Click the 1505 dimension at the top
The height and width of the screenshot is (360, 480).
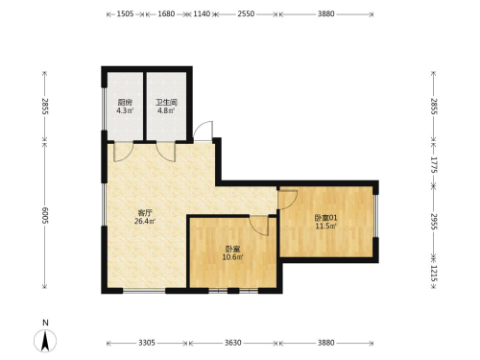pyautogui.click(x=125, y=13)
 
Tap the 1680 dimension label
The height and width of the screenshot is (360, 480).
pyautogui.click(x=166, y=13)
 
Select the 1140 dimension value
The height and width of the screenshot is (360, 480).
pyautogui.click(x=202, y=13)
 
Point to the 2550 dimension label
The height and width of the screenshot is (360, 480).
pyautogui.click(x=246, y=13)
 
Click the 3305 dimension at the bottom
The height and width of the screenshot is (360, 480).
pyautogui.click(x=147, y=343)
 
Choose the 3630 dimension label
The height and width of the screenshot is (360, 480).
pyautogui.click(x=233, y=343)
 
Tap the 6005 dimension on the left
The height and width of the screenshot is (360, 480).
pyautogui.click(x=45, y=215)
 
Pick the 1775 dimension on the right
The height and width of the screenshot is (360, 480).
pyautogui.click(x=434, y=164)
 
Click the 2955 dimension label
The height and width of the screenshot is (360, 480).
pyautogui.click(x=434, y=221)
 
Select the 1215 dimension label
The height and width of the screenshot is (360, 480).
pyautogui.click(x=434, y=274)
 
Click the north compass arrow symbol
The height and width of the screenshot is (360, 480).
pyautogui.click(x=45, y=341)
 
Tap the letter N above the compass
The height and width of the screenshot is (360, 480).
pyautogui.click(x=45, y=323)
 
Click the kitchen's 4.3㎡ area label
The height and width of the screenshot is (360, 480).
pyautogui.click(x=125, y=110)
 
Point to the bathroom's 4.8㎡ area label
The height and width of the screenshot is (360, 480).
pyautogui.click(x=166, y=110)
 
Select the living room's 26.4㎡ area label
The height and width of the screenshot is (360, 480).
pyautogui.click(x=145, y=221)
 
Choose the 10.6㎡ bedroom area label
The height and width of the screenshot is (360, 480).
pyautogui.click(x=233, y=257)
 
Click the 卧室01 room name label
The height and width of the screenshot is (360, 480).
pyautogui.click(x=326, y=218)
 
